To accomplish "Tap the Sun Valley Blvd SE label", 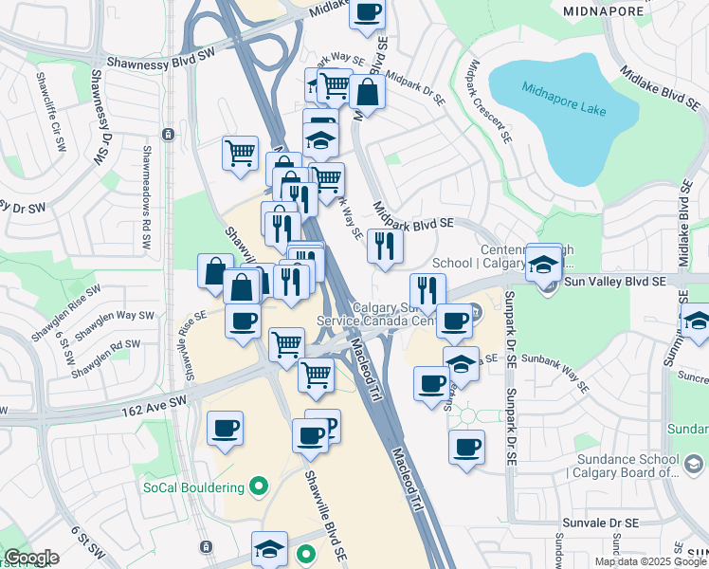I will [614, 282].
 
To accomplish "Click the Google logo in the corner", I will [31, 558].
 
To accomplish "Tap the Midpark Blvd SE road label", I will [414, 219].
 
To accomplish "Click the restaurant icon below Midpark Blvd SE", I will [385, 247].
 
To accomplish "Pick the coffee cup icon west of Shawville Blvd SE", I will [226, 430].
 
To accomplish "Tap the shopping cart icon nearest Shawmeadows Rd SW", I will [241, 153].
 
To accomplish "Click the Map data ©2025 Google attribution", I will [650, 561].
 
